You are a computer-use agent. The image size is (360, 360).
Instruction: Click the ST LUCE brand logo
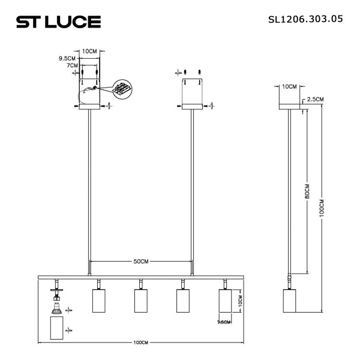[x=58, y=22]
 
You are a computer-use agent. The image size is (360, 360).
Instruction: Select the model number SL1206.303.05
[x=305, y=19]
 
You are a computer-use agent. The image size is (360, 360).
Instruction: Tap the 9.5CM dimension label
[x=67, y=59]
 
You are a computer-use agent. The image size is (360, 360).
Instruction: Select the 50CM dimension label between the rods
[x=141, y=262]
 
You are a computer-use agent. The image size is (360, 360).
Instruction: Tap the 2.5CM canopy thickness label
[x=316, y=99]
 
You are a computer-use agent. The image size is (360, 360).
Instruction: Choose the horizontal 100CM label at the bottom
[x=140, y=343]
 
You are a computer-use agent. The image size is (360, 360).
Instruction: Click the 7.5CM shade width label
[x=224, y=322]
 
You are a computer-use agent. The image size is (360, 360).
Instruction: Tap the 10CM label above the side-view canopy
[x=289, y=86]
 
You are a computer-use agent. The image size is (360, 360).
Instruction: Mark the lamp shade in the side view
[x=290, y=301]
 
